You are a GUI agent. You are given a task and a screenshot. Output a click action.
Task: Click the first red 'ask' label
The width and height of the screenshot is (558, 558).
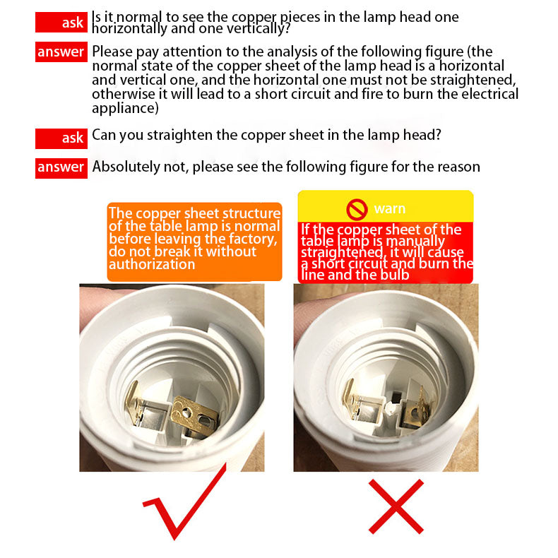[x=61, y=23]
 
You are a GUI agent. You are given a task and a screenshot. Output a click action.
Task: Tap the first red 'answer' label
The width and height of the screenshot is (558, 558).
[x=61, y=52]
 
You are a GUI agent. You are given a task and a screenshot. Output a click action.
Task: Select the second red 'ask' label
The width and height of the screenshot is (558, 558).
[x=61, y=138]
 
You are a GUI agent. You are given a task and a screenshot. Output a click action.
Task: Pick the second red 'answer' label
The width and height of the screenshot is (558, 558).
[x=61, y=168]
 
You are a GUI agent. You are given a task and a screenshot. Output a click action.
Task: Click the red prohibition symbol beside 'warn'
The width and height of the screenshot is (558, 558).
[x=357, y=209]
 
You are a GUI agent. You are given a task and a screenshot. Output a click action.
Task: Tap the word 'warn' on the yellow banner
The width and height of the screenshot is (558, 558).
[x=390, y=208]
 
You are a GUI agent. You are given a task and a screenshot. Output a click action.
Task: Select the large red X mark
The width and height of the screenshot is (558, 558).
[x=396, y=506]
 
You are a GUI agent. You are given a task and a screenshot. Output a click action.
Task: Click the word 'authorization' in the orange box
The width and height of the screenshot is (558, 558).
[x=152, y=264]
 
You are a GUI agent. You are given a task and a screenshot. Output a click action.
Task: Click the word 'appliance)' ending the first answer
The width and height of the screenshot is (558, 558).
[x=125, y=108]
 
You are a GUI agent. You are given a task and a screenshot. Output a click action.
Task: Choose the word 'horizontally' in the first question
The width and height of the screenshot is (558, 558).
[x=129, y=29]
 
